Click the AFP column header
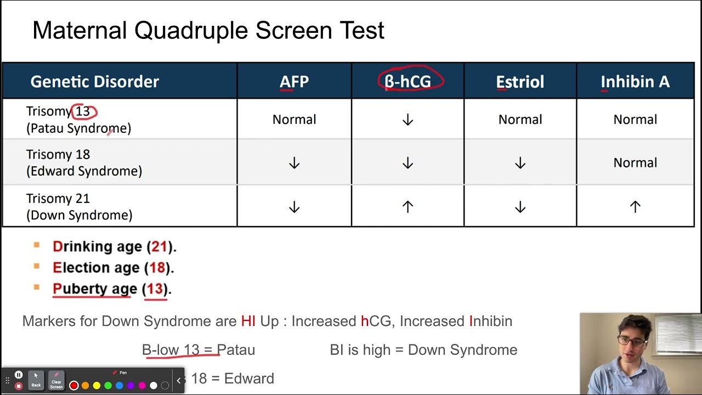tap(294, 82)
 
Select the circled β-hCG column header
tap(407, 82)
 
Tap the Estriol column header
tap(520, 82)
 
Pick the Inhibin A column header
tap(635, 82)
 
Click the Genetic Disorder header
tap(94, 82)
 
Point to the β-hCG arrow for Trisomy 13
tap(407, 120)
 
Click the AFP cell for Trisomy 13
tap(294, 120)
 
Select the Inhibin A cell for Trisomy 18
tap(635, 163)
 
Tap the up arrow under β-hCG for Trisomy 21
tap(407, 207)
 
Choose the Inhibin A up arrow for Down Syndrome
tap(635, 207)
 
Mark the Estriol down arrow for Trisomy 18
tap(520, 163)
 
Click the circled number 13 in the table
tap(83, 111)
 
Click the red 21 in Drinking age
tap(159, 247)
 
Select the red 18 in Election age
tap(157, 268)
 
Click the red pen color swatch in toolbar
tap(74, 386)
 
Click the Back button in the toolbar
tap(36, 380)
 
